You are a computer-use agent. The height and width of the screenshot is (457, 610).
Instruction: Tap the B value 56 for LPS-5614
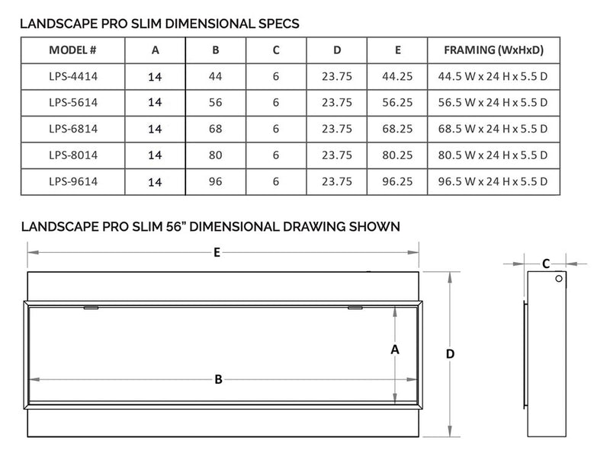(215, 102)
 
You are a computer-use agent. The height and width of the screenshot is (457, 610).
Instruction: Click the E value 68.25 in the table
(396, 128)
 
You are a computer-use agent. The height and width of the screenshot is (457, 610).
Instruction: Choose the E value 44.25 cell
(396, 76)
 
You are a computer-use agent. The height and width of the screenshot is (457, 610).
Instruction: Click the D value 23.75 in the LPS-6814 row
(337, 128)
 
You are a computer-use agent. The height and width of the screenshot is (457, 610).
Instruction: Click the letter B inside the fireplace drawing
(218, 380)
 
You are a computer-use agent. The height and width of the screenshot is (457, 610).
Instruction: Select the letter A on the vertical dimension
(394, 350)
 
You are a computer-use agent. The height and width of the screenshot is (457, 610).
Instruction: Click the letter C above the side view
(545, 264)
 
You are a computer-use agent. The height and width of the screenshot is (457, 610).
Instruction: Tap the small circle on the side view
(558, 280)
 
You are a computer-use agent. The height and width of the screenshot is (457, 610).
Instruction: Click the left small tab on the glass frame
(90, 308)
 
